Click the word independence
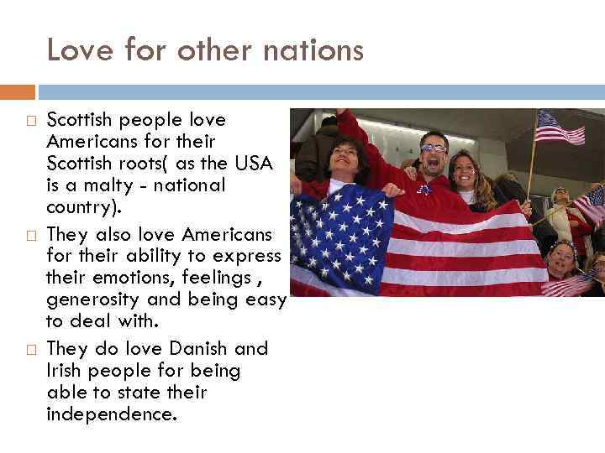coord(112,414)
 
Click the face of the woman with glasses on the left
coord(346,157)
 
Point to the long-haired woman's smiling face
coord(464,171)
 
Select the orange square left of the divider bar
coord(18,91)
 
